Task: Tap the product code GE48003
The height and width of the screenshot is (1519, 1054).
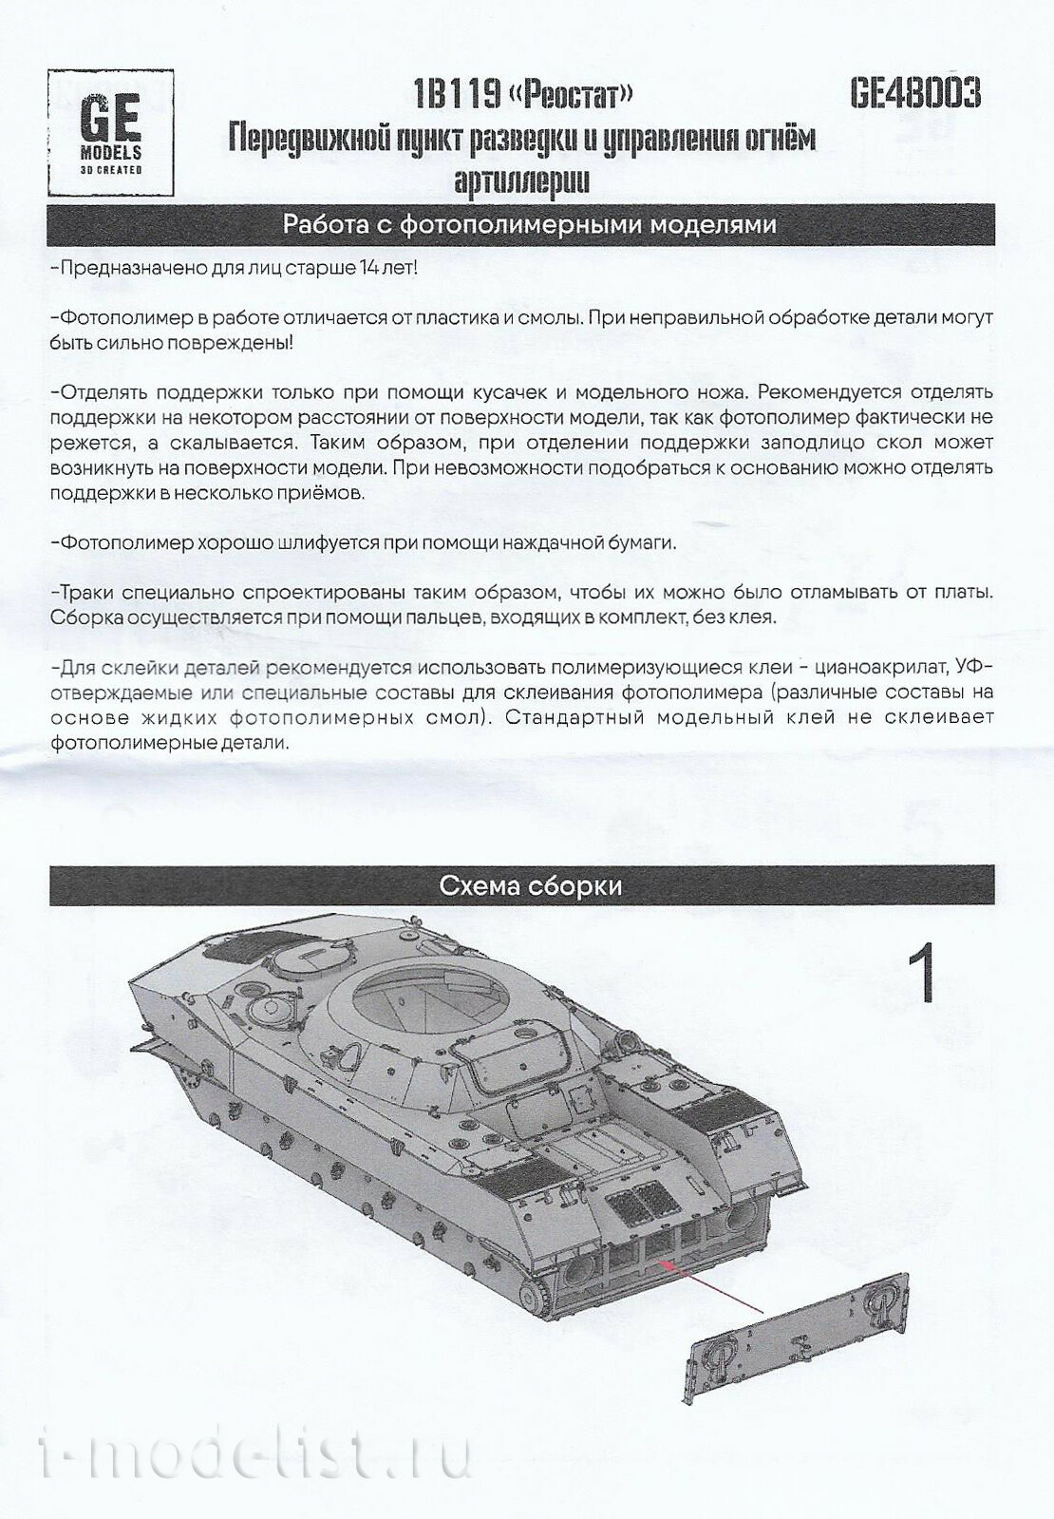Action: [x=914, y=94]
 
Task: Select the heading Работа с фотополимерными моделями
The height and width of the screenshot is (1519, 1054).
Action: [x=530, y=224]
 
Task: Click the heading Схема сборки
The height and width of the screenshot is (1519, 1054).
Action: [x=530, y=885]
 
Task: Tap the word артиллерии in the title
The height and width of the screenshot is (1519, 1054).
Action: [x=522, y=179]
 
